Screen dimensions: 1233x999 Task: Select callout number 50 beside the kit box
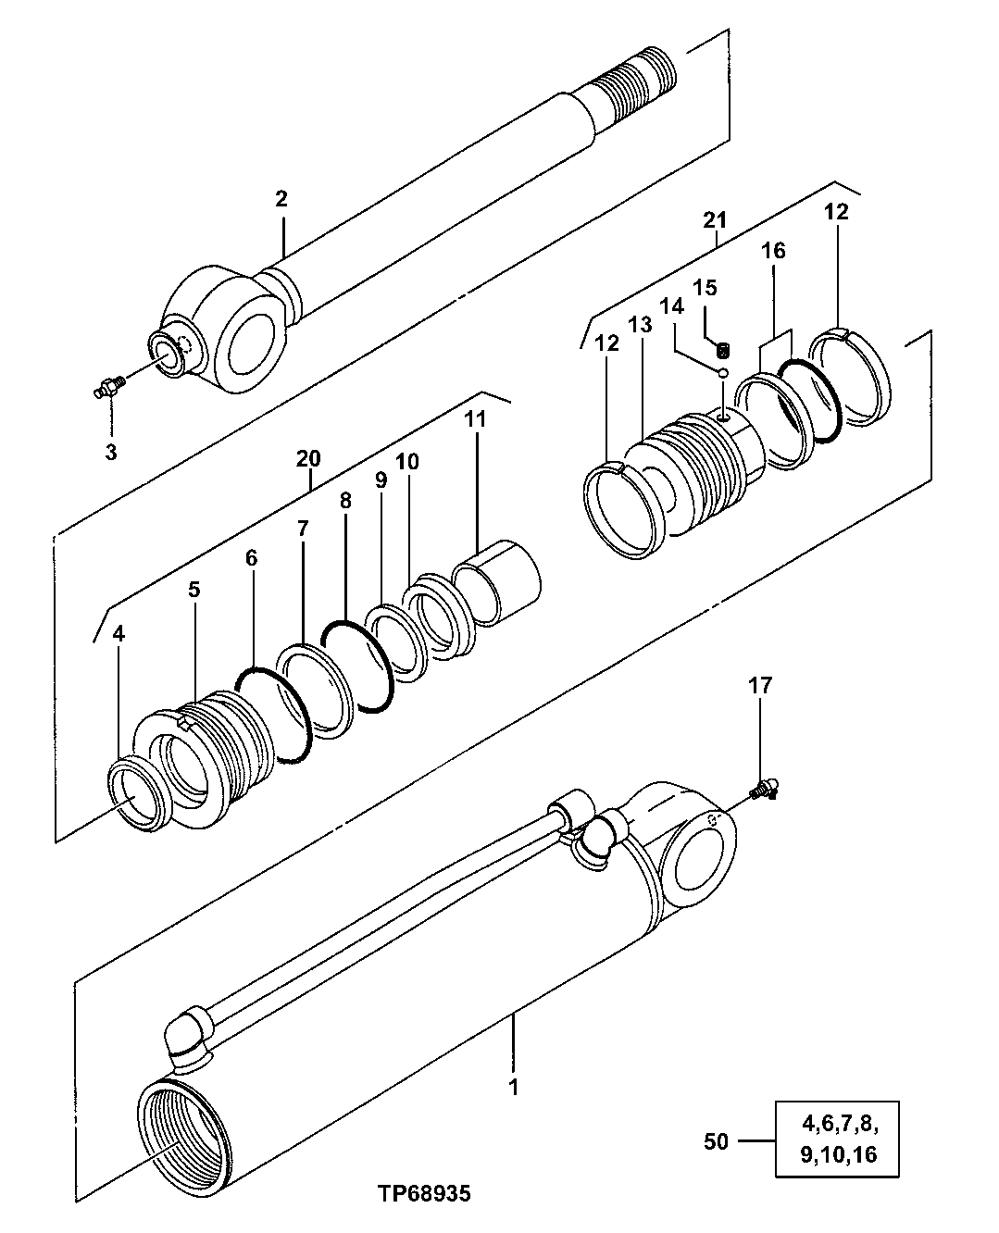pyautogui.click(x=717, y=1141)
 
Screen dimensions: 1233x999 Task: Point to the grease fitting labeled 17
pyautogui.click(x=764, y=789)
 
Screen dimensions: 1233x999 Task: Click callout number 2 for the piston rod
pyautogui.click(x=281, y=198)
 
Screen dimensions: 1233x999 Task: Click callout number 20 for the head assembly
pyautogui.click(x=308, y=457)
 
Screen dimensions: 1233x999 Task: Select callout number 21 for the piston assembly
pyautogui.click(x=715, y=219)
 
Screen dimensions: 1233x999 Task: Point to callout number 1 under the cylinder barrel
pyautogui.click(x=513, y=1086)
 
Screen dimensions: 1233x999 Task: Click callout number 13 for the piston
pyautogui.click(x=640, y=325)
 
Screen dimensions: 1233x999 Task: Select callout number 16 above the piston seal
pyautogui.click(x=774, y=251)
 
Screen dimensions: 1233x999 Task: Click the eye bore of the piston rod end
pyautogui.click(x=251, y=347)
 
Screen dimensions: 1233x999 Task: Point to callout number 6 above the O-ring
pyautogui.click(x=251, y=558)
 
